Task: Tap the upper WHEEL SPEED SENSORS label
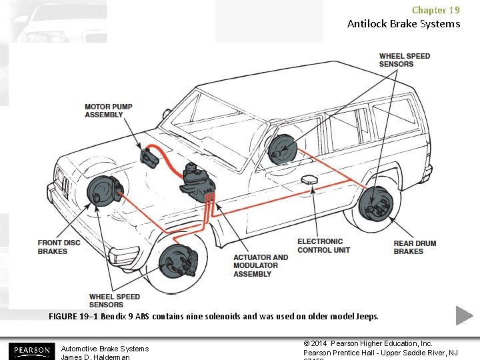click(404, 60)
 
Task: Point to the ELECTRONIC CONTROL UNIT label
click(323, 245)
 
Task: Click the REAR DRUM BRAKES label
click(415, 247)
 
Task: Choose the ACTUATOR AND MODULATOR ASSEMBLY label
click(261, 265)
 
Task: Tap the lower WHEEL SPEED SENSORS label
click(115, 301)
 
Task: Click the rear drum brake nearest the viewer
click(375, 203)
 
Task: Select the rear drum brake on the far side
click(282, 149)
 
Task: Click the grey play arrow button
click(465, 315)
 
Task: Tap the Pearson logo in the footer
click(30, 350)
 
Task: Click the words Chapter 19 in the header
click(435, 10)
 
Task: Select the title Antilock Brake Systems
click(403, 24)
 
